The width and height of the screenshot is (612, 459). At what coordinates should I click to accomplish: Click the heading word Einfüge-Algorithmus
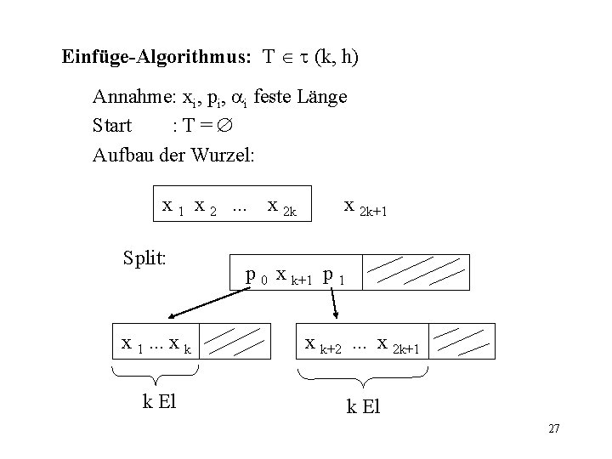156,58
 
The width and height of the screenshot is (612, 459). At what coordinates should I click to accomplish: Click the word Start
112,126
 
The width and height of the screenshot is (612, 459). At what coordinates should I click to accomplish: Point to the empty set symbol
224,126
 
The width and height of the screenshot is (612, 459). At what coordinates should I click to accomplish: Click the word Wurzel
225,156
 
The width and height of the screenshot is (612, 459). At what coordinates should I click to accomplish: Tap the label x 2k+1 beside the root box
365,207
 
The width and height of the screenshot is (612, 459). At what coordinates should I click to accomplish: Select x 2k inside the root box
281,207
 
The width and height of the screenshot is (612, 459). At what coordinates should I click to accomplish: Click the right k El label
363,407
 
